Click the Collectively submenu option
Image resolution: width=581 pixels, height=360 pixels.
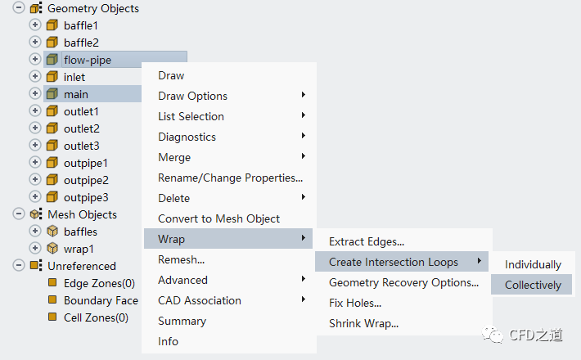pos(533,285)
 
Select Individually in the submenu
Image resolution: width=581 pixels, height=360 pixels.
pos(533,264)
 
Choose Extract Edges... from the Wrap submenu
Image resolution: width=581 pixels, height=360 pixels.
pos(367,242)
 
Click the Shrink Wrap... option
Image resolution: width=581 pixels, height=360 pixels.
pos(363,324)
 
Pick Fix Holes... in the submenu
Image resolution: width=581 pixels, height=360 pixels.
pos(355,303)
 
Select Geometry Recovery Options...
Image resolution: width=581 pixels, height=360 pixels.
pos(403,282)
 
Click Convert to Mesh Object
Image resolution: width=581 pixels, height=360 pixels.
pos(218,219)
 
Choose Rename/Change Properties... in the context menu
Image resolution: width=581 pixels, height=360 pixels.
pos(230,178)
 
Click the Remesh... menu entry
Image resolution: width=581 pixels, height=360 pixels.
pos(181,259)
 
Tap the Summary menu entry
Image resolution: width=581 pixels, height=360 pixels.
pos(182,321)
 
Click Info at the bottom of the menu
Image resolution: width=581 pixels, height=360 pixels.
pos(168,341)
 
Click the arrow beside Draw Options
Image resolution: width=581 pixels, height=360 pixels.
pos(303,95)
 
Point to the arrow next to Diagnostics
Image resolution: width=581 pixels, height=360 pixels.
pos(303,136)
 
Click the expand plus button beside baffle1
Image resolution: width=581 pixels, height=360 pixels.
pos(35,25)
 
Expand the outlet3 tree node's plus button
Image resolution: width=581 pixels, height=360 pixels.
pos(35,145)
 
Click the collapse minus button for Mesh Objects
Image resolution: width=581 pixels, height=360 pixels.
pos(19,214)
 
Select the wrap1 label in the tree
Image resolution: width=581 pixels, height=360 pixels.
pos(79,250)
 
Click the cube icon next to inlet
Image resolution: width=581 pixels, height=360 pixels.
pos(52,77)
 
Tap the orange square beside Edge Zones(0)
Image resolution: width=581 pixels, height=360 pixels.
pos(52,282)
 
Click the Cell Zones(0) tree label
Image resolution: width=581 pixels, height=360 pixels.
pos(96,317)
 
